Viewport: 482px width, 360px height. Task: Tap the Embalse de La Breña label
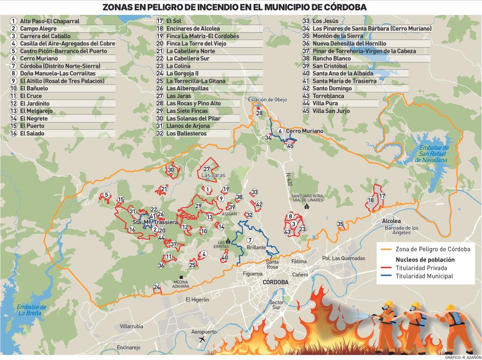pos(32,310)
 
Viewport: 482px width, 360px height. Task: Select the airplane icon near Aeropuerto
pos(202,340)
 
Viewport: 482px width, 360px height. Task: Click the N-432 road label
pos(289,180)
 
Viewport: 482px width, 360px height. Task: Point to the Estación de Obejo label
pos(267,100)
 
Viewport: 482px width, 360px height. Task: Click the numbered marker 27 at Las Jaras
pos(207,169)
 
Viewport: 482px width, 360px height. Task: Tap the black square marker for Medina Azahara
pos(182,277)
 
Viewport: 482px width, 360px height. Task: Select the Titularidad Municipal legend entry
pos(424,276)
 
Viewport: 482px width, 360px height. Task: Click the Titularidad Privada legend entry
pos(421,268)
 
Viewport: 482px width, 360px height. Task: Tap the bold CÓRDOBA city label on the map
pos(275,282)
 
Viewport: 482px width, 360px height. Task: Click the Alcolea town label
pos(391,221)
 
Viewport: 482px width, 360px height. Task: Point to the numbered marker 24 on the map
pos(157,287)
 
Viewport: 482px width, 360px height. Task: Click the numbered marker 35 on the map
pos(340,224)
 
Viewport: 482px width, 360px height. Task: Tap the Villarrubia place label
pos(131,326)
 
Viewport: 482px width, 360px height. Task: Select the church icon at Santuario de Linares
pos(307,206)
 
